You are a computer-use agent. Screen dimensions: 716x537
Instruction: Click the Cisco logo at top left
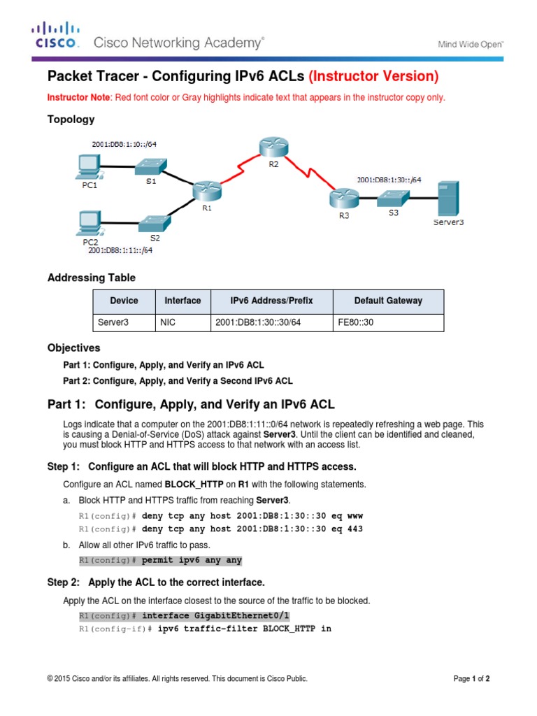coord(55,35)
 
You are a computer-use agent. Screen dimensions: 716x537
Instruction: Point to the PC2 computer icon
coord(90,224)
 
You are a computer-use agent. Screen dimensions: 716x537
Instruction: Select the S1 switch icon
coord(150,166)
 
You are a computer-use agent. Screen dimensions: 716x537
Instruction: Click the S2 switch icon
coord(154,224)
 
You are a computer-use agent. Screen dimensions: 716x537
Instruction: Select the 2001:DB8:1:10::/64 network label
coord(124,144)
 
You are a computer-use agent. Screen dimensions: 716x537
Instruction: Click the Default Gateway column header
coord(388,301)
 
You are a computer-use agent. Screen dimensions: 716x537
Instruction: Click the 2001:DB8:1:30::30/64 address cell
coord(254,323)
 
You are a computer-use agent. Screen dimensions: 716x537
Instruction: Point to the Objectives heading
coord(73,348)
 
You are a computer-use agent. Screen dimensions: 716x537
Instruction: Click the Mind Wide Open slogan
coord(470,44)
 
